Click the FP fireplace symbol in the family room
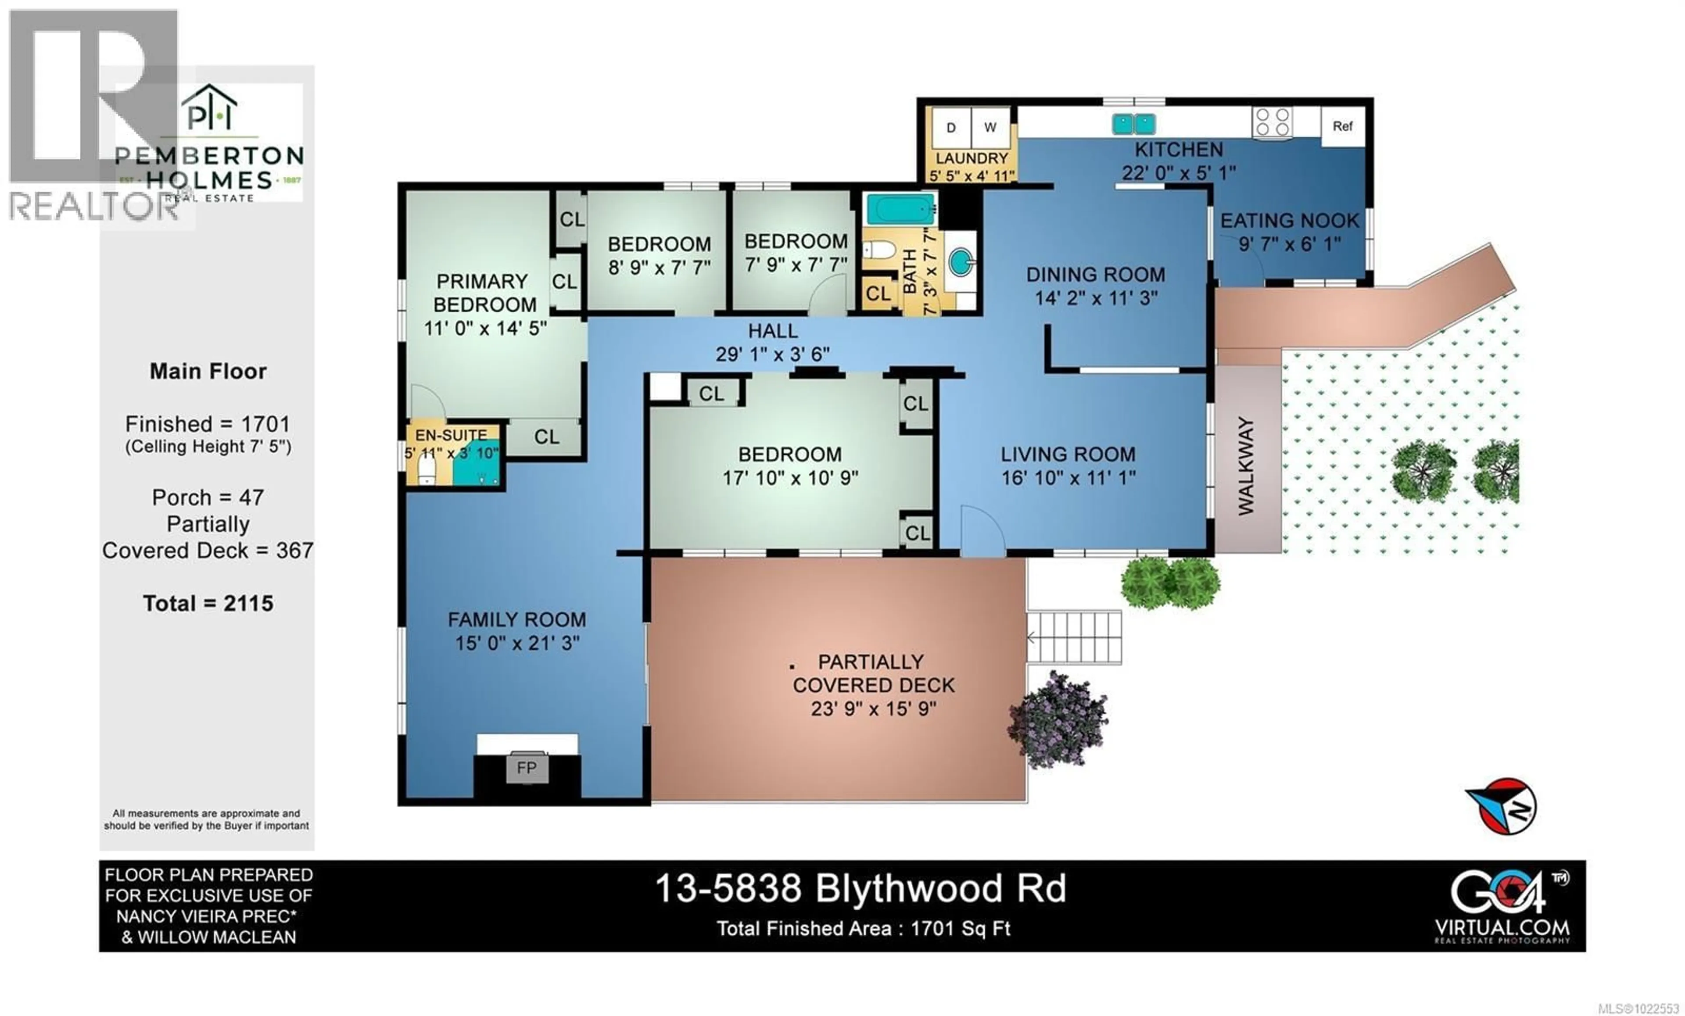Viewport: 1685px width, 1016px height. (x=527, y=768)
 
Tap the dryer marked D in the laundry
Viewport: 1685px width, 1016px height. (x=950, y=128)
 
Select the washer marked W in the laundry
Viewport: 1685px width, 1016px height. (x=989, y=128)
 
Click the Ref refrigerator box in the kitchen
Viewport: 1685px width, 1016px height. (x=1342, y=126)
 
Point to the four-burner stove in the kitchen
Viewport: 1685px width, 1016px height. (x=1272, y=124)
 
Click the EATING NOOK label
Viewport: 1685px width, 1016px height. (x=1290, y=221)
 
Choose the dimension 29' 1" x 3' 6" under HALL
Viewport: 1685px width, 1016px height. (x=773, y=354)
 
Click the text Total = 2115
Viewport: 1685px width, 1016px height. (x=208, y=603)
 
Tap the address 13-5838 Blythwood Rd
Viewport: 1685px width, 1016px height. (x=860, y=889)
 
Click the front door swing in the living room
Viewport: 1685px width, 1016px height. (x=981, y=530)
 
